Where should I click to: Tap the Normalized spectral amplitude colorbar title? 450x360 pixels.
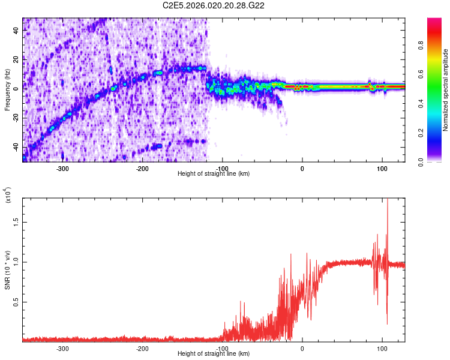pyautogui.click(x=445, y=90)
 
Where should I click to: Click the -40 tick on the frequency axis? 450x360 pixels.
pyautogui.click(x=15, y=147)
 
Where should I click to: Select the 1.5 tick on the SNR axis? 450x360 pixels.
pyautogui.click(x=16, y=221)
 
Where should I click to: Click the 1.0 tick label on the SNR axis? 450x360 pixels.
pyautogui.click(x=16, y=262)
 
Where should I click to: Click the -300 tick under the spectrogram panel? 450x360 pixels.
pyautogui.click(x=63, y=168)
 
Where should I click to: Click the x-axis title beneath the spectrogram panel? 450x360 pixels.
pyautogui.click(x=214, y=174)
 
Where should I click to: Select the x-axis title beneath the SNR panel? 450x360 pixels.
pyautogui.click(x=214, y=354)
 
